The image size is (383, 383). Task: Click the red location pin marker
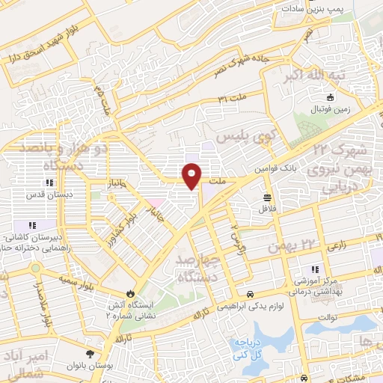[x=192, y=175]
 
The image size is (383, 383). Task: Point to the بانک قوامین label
[x=280, y=169]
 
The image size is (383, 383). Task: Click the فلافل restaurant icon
[x=268, y=197]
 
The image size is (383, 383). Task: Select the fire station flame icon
[x=132, y=292]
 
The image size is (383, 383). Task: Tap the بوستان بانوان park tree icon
[x=91, y=354]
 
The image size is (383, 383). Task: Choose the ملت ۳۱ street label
[x=231, y=98]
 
